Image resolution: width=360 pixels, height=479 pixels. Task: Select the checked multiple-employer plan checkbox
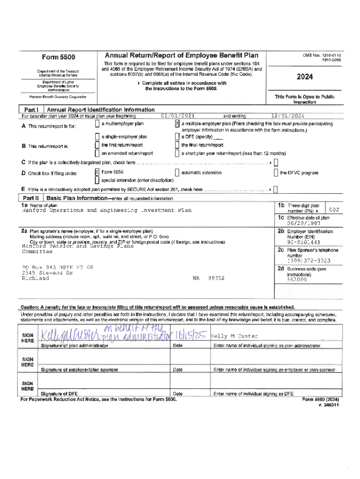click(x=177, y=124)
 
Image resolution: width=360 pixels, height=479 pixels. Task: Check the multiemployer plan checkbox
click(x=97, y=124)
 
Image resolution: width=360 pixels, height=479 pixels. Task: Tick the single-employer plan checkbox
click(x=97, y=137)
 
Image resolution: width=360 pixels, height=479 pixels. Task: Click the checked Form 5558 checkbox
click(x=97, y=172)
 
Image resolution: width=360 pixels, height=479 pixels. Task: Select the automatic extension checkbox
click(x=177, y=172)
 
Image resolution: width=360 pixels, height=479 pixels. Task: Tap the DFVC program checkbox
click(x=276, y=172)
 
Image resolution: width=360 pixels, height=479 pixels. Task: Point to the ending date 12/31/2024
click(x=288, y=116)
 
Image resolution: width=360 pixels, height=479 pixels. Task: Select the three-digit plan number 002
click(x=334, y=209)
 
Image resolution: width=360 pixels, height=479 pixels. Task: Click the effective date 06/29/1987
click(x=304, y=223)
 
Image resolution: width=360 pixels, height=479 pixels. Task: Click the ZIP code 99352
click(x=216, y=278)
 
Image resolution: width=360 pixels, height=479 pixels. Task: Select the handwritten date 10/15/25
click(x=189, y=336)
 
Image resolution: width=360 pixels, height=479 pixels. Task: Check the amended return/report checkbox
click(x=97, y=153)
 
